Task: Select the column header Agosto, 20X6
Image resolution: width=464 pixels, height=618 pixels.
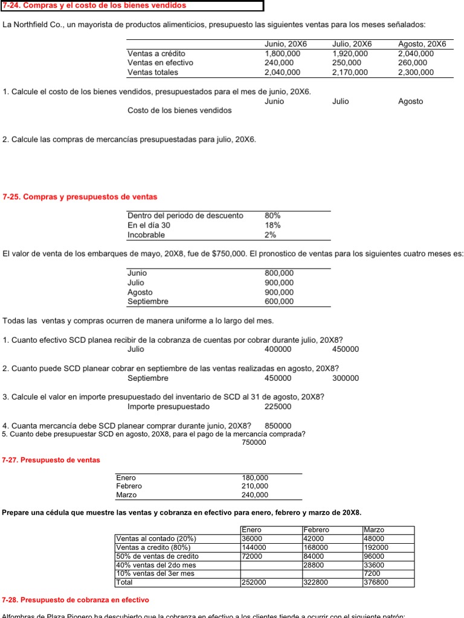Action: [422, 44]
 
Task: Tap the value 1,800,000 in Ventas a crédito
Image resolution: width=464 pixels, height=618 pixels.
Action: [282, 53]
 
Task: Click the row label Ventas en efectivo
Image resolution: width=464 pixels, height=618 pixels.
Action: [160, 63]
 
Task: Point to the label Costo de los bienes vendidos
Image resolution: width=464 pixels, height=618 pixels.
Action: [179, 110]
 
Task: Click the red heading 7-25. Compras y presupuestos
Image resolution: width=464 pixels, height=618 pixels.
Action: [80, 197]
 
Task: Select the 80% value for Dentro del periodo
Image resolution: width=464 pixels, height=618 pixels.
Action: [272, 215]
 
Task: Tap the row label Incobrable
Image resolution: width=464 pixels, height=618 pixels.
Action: [146, 235]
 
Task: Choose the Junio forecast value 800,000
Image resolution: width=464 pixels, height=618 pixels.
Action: [279, 273]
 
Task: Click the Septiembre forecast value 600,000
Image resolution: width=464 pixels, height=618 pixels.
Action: [279, 302]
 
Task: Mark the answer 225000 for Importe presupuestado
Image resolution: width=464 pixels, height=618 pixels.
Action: [278, 407]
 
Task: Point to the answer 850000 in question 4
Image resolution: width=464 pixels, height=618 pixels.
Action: [278, 425]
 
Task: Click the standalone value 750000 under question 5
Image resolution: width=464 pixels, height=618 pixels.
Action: [254, 442]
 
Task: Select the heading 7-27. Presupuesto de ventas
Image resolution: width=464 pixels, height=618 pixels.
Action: [51, 460]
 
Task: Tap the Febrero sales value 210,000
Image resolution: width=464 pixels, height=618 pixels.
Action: [255, 486]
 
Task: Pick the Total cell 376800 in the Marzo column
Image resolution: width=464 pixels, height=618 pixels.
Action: [376, 582]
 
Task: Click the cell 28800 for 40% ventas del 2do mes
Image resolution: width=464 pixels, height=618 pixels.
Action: [314, 565]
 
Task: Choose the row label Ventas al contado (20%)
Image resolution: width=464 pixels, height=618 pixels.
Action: [156, 539]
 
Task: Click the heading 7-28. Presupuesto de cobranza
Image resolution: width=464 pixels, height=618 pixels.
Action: [76, 600]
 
